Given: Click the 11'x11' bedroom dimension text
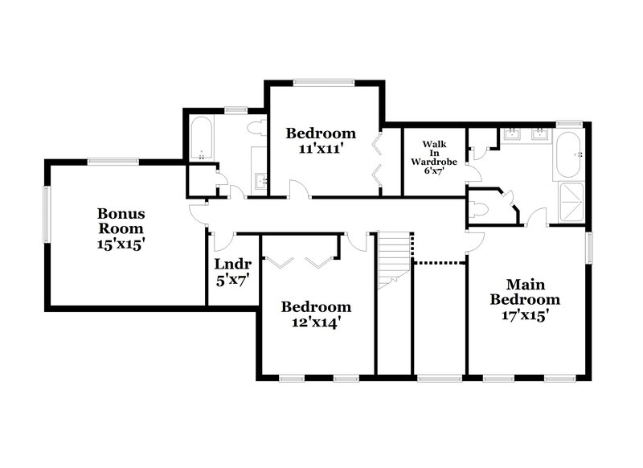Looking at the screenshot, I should (x=321, y=148).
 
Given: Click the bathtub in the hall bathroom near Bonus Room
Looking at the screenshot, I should (x=201, y=138).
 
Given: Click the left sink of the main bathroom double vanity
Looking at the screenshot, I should (x=510, y=133).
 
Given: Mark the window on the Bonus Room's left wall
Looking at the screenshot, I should (x=47, y=212).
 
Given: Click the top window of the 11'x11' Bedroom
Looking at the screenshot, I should (x=323, y=81).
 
